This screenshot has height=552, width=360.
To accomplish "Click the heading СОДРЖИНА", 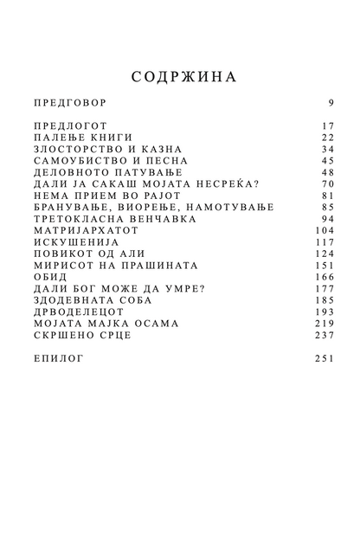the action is click(x=180, y=76).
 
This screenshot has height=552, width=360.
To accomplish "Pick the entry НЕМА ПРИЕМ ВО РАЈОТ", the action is click(x=106, y=196).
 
